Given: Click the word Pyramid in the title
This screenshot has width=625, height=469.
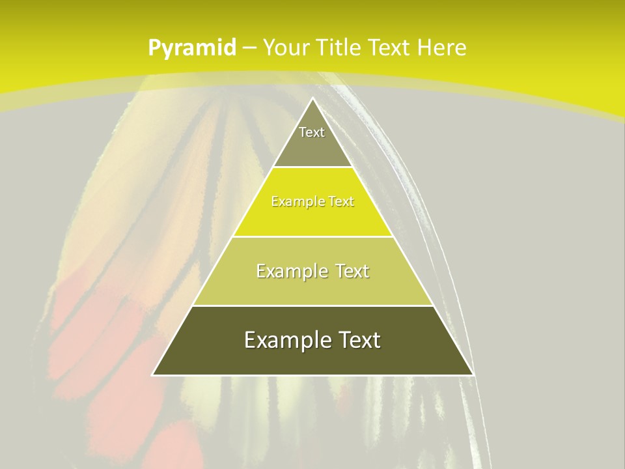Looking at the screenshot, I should pyautogui.click(x=191, y=48).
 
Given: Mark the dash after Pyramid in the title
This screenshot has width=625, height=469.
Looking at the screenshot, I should pyautogui.click(x=249, y=48).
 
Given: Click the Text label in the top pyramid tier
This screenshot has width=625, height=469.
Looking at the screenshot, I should pyautogui.click(x=312, y=132).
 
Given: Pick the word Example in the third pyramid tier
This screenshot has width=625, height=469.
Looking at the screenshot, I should pyautogui.click(x=290, y=271).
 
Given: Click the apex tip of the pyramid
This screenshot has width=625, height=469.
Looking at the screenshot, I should pyautogui.click(x=312, y=99).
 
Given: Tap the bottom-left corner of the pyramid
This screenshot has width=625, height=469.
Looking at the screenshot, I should pyautogui.click(x=153, y=375).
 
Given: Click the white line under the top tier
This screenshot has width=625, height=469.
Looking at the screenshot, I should pyautogui.click(x=312, y=167).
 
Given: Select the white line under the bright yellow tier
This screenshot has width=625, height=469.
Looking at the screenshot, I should pyautogui.click(x=312, y=236).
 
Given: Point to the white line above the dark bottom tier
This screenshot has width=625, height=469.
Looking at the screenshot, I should pyautogui.click(x=312, y=306).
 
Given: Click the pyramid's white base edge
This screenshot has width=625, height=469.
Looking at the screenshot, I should pyautogui.click(x=312, y=375).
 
